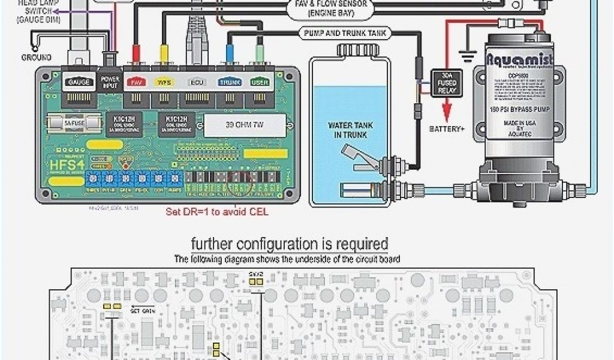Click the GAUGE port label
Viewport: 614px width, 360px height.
(x=80, y=82)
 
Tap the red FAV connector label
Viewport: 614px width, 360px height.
(x=137, y=82)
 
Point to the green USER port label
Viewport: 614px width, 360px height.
(x=260, y=82)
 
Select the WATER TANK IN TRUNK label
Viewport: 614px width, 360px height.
(x=347, y=130)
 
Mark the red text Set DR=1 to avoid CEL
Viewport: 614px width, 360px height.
(x=216, y=212)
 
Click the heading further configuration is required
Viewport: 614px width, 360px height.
(x=290, y=244)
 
